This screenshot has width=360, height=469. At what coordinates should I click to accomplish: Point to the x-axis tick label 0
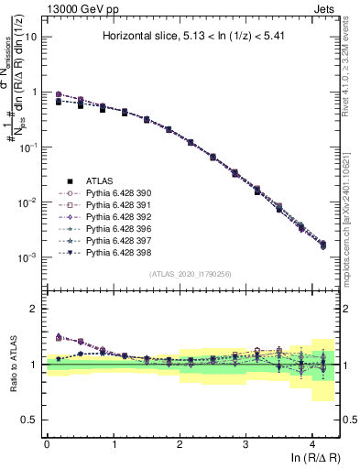pos(47,442)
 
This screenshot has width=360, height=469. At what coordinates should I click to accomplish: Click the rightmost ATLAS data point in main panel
pos(322,245)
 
